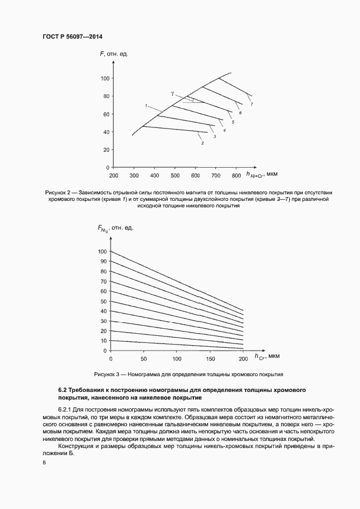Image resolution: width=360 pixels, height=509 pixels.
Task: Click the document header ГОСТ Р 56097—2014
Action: coord(72,36)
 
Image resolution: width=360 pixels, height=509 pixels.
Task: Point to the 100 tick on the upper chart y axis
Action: coord(105,78)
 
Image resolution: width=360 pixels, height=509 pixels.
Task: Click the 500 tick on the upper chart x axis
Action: coord(175,176)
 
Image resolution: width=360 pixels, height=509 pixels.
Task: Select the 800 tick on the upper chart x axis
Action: coord(236,176)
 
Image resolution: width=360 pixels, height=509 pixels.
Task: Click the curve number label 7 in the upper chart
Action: coord(252,103)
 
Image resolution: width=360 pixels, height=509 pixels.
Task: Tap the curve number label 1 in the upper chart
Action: coord(146,105)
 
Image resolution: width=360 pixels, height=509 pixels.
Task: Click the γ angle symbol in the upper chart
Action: coord(172,94)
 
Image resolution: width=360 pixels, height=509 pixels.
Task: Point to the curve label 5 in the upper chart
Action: coord(233,122)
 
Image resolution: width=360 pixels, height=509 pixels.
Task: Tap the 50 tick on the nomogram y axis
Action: coord(104,301)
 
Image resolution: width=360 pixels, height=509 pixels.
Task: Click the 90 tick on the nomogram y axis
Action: coord(104,261)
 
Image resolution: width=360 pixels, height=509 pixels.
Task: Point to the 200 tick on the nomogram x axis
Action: coord(242,359)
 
